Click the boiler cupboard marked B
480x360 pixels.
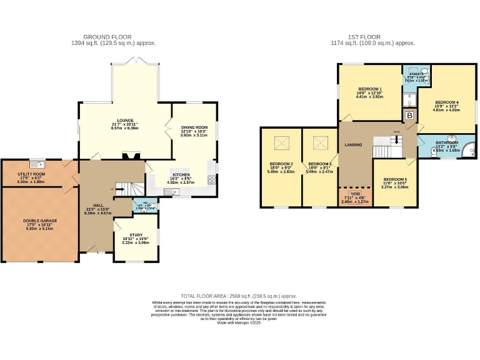(410, 116)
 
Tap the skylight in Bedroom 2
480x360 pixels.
(279, 144)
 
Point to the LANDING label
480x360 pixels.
(354, 145)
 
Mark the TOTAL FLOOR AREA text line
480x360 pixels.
(239, 296)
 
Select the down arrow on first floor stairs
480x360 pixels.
(395, 141)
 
